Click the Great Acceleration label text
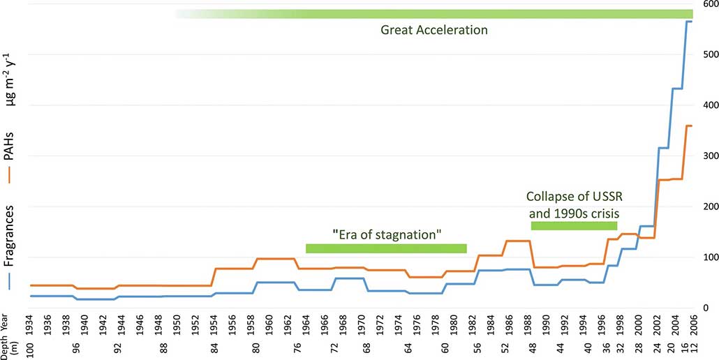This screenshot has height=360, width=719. point(433,30)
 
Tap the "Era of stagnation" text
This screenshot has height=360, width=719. point(386,234)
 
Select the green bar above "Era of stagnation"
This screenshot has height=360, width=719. point(386,248)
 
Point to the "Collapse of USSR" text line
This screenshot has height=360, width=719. point(575,197)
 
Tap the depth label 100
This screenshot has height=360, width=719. point(31,349)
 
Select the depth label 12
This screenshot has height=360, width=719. point(693,349)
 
